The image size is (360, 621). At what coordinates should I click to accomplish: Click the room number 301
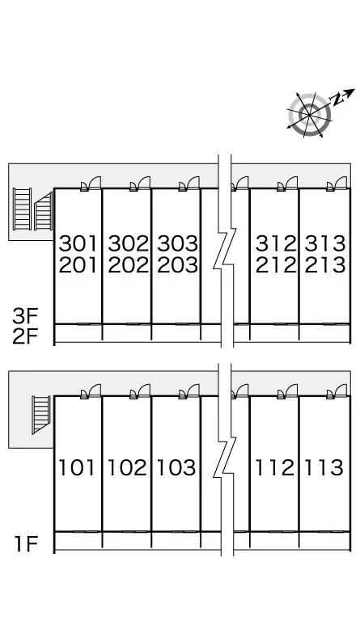coord(78,243)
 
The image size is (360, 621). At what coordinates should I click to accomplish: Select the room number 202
coord(128,265)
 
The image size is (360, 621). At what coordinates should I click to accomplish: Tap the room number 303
coord(177,243)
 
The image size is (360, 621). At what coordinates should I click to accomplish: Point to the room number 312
coord(276,243)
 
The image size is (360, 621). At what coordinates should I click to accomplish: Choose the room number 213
coord(324,265)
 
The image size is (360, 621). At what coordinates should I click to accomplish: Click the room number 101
coord(77,467)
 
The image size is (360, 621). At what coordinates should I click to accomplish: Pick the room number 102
coord(127,467)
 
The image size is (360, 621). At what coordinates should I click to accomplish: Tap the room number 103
coord(176,467)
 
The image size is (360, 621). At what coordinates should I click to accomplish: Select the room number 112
coord(275,467)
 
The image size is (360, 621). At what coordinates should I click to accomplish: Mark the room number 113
coord(324,467)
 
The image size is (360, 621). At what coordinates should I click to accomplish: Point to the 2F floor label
coord(24,336)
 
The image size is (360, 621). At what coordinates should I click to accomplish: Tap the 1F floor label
coord(26,543)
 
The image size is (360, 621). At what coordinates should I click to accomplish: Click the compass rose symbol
coord(309,115)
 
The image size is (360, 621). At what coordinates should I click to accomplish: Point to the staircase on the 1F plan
coord(41,415)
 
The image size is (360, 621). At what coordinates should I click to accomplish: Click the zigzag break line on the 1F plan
coord(225,459)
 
